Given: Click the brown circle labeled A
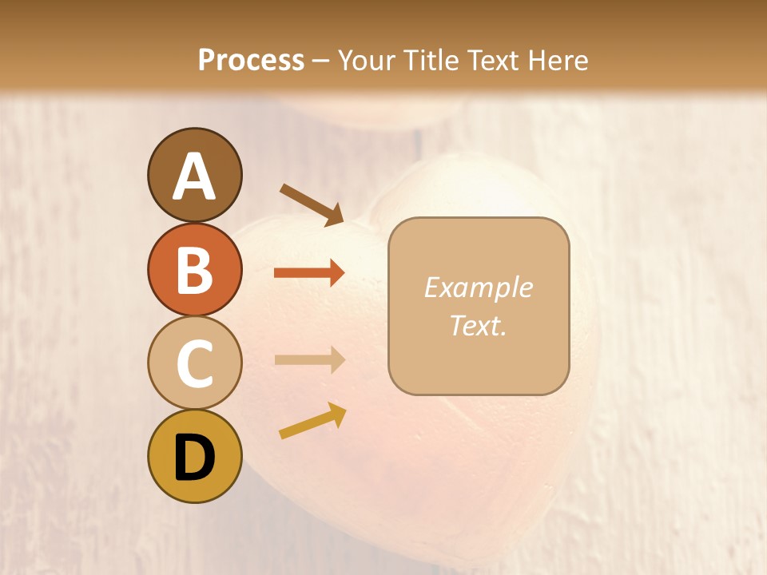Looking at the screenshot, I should pyautogui.click(x=194, y=175).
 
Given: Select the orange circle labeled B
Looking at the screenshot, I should pyautogui.click(x=194, y=269).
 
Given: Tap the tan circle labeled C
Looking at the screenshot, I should pyautogui.click(x=194, y=363).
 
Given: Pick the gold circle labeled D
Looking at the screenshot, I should pyautogui.click(x=194, y=456).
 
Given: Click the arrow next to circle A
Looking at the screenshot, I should pyautogui.click(x=312, y=204).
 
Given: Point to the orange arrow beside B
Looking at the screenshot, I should pyautogui.click(x=309, y=273).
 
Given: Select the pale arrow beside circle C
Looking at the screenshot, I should pyautogui.click(x=309, y=359).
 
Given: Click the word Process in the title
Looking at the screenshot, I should pyautogui.click(x=251, y=61).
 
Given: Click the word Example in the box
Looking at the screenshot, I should pyautogui.click(x=478, y=287).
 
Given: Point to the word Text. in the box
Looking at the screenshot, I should pyautogui.click(x=478, y=326).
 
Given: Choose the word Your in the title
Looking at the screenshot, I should pyautogui.click(x=368, y=61).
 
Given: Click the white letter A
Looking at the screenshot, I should pyautogui.click(x=194, y=176).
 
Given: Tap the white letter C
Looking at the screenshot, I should pyautogui.click(x=194, y=363).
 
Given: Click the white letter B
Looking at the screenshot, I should pyautogui.click(x=194, y=270).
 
